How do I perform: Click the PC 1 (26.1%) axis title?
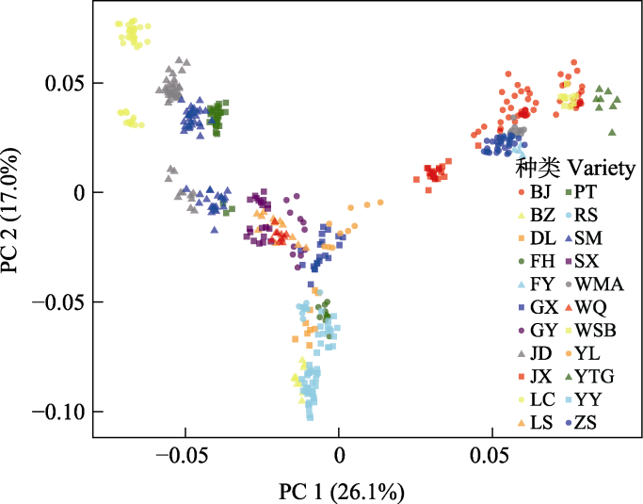pyautogui.click(x=341, y=491)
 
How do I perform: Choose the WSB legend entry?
pyautogui.click(x=598, y=331)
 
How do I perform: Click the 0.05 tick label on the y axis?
pyautogui.click(x=67, y=83)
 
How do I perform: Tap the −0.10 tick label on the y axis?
pyautogui.click(x=59, y=412)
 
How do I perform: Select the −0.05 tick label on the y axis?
pyautogui.click(x=59, y=302)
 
